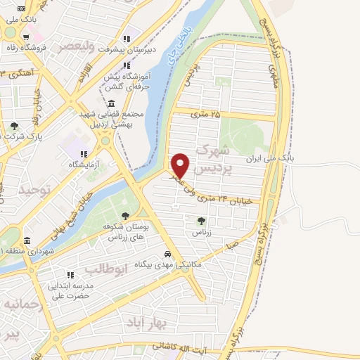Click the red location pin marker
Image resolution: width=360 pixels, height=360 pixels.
pos(181,165)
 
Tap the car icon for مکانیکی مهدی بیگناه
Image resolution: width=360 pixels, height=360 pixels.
pos(167,254)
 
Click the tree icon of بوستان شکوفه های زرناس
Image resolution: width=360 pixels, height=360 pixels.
pos(125,216)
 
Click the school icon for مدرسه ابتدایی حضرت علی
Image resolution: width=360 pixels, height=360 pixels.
pos(70,274)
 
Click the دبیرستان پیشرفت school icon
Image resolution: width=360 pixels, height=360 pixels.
pos(127,39)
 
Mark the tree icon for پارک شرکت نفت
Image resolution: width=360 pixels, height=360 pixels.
pos(14,127)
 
